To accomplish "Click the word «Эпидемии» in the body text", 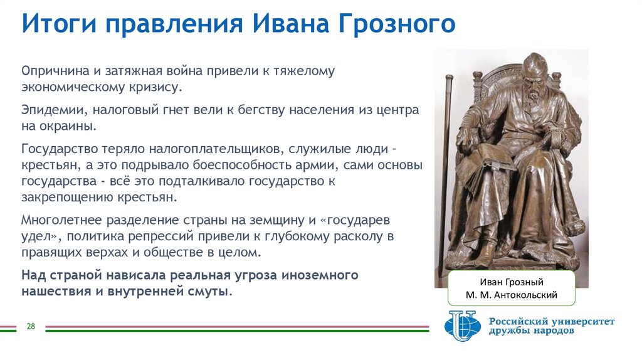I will click(52, 110).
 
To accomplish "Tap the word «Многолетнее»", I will click(61, 221).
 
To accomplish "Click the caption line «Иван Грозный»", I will click(512, 282).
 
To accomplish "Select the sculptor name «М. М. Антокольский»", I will click(512, 295).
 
